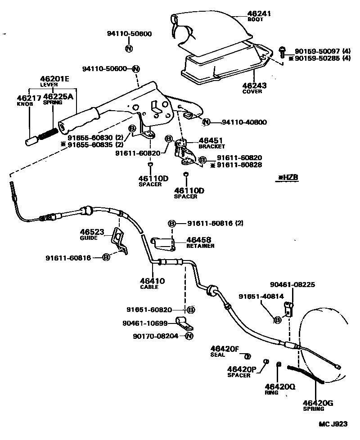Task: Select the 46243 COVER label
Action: tap(254, 88)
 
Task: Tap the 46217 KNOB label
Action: tap(28, 100)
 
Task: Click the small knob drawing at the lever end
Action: tap(31, 140)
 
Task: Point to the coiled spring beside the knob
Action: tap(48, 135)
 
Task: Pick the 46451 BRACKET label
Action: tap(210, 143)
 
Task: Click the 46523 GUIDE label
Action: tap(92, 234)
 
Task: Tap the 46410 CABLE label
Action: tap(153, 283)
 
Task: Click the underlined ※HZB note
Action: tap(288, 178)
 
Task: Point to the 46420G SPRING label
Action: tap(318, 405)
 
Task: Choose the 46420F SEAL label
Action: tap(225, 350)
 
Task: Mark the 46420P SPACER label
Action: tap(241, 372)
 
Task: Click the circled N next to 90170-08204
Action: tap(189, 336)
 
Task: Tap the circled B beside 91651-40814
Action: tap(278, 320)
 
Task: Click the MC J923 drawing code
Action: tap(333, 424)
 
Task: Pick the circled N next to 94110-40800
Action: tap(206, 122)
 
